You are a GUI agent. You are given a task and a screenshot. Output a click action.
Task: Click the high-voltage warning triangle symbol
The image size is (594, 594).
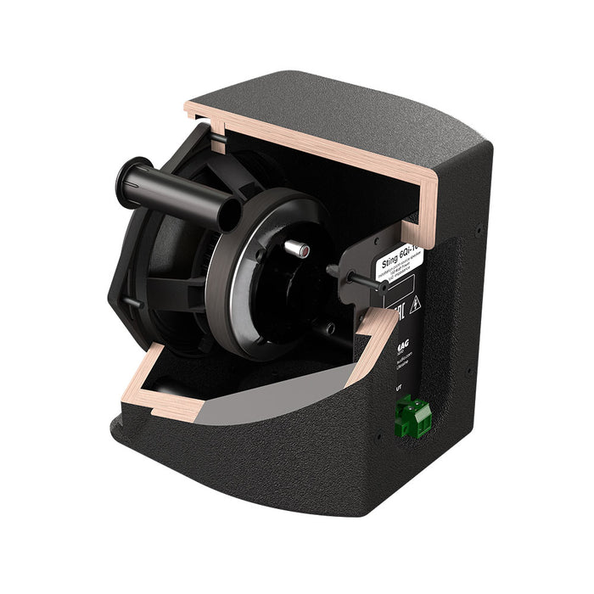pos(415,305)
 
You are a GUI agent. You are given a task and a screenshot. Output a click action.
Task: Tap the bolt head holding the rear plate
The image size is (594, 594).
pos(333,270)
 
